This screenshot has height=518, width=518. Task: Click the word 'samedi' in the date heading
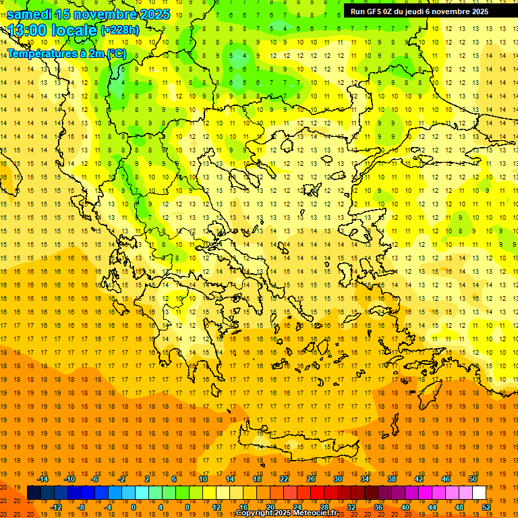tap(30, 13)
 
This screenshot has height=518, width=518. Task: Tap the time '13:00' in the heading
tap(28, 30)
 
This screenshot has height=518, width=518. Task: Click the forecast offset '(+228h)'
tap(120, 30)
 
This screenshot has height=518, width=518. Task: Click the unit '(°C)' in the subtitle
tap(115, 53)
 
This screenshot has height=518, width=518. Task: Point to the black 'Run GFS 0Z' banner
tap(420, 11)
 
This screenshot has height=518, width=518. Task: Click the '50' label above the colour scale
tap(473, 479)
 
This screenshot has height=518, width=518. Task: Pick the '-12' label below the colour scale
tap(56, 507)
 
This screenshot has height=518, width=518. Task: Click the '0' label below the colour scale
tap(134, 507)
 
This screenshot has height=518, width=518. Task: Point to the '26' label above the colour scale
tap(311, 479)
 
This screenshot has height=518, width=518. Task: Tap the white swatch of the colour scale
tap(480, 492)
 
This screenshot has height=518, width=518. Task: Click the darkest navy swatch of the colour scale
tap(34, 492)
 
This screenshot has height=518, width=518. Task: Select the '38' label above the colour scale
tap(392, 479)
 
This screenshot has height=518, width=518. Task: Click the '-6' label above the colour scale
tap(95, 479)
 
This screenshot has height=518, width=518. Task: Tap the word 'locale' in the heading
tap(76, 30)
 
